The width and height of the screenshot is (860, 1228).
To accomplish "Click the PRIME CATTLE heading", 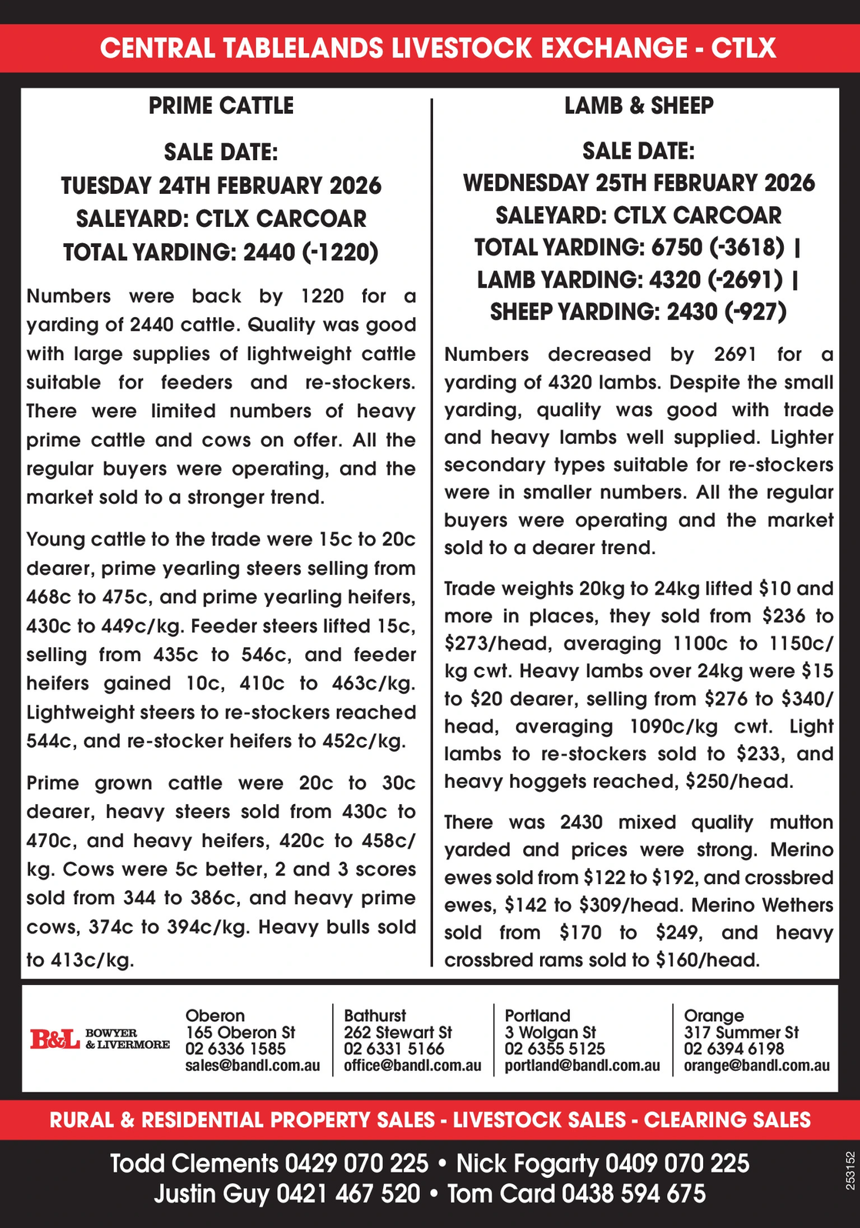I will (221, 105).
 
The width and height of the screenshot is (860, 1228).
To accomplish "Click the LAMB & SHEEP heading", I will (638, 105).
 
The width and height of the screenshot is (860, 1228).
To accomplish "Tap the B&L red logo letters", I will (55, 1039).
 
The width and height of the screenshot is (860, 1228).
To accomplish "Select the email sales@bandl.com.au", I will (252, 1066).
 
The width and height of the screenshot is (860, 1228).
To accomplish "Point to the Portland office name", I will (537, 1016).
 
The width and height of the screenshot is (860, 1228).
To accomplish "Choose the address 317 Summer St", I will (741, 1032).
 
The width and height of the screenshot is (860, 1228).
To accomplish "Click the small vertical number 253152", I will (849, 1170).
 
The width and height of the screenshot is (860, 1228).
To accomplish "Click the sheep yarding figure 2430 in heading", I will (691, 312).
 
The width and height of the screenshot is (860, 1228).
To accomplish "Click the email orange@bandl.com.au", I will (756, 1066).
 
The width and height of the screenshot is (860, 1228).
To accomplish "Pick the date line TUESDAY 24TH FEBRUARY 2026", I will (221, 185).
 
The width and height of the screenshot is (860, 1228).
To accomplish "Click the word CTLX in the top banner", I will (743, 48).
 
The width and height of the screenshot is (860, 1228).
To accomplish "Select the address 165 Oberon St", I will (240, 1032).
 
